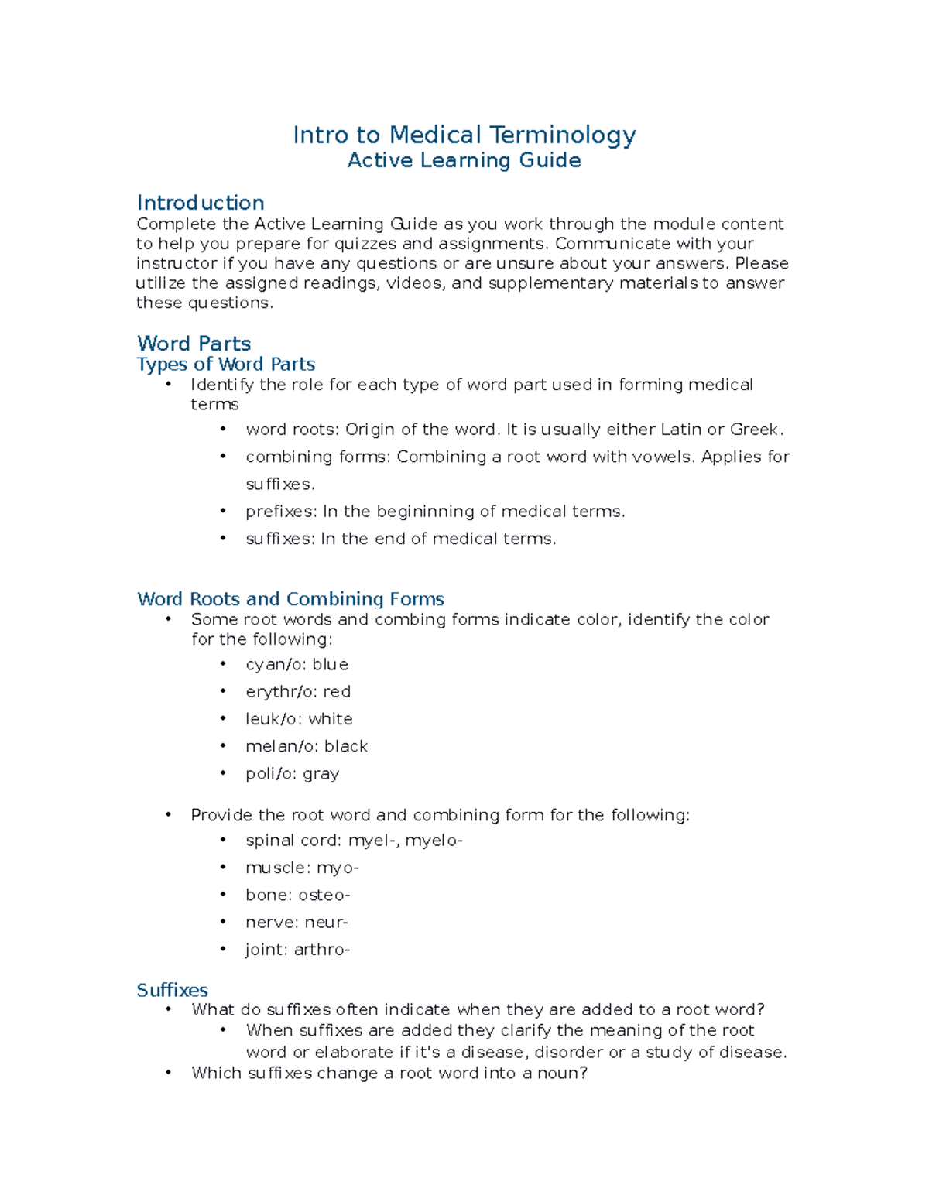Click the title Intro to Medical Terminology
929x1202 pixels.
tap(464, 135)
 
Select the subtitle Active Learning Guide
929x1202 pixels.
tap(464, 160)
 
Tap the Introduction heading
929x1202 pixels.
tap(201, 203)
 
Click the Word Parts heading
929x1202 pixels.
tap(194, 344)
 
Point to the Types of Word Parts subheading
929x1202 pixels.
tap(225, 364)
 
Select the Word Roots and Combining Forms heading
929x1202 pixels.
tap(290, 599)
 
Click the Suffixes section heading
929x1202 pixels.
tap(172, 990)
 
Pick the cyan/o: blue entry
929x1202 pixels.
tap(297, 665)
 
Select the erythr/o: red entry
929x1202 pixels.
tap(298, 692)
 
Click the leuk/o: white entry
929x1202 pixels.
tap(299, 719)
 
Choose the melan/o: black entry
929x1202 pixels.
tap(307, 746)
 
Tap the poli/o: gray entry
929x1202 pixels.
tap(292, 774)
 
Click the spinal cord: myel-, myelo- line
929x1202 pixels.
tap(354, 841)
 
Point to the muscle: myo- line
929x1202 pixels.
tap(302, 868)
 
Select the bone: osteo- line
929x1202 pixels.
tap(298, 896)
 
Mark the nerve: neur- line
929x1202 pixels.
tap(297, 923)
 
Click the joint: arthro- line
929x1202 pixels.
tap(298, 950)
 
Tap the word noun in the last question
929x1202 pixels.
tap(562, 1074)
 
